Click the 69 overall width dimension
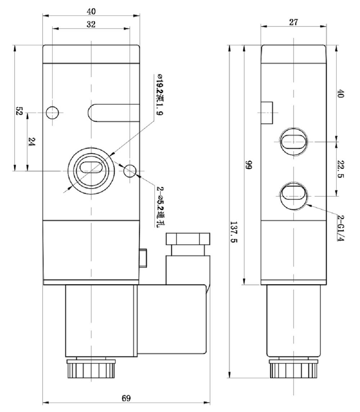point(126,398)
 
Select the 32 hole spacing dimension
point(91,24)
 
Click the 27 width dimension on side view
point(293,22)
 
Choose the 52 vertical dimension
point(19,111)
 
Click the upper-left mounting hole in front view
point(52,113)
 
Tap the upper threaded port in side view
point(293,141)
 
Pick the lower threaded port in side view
point(293,195)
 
